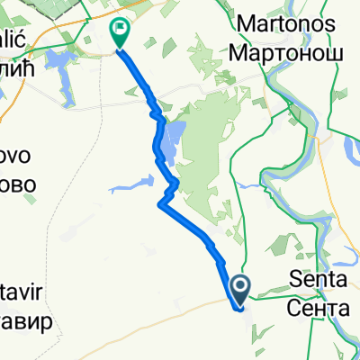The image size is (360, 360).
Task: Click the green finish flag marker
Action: [x=119, y=33]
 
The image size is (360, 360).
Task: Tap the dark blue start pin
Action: [x=242, y=288]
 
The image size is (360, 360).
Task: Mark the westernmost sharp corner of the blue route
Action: [x=160, y=204]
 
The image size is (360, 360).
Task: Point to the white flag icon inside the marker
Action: [x=119, y=30]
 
